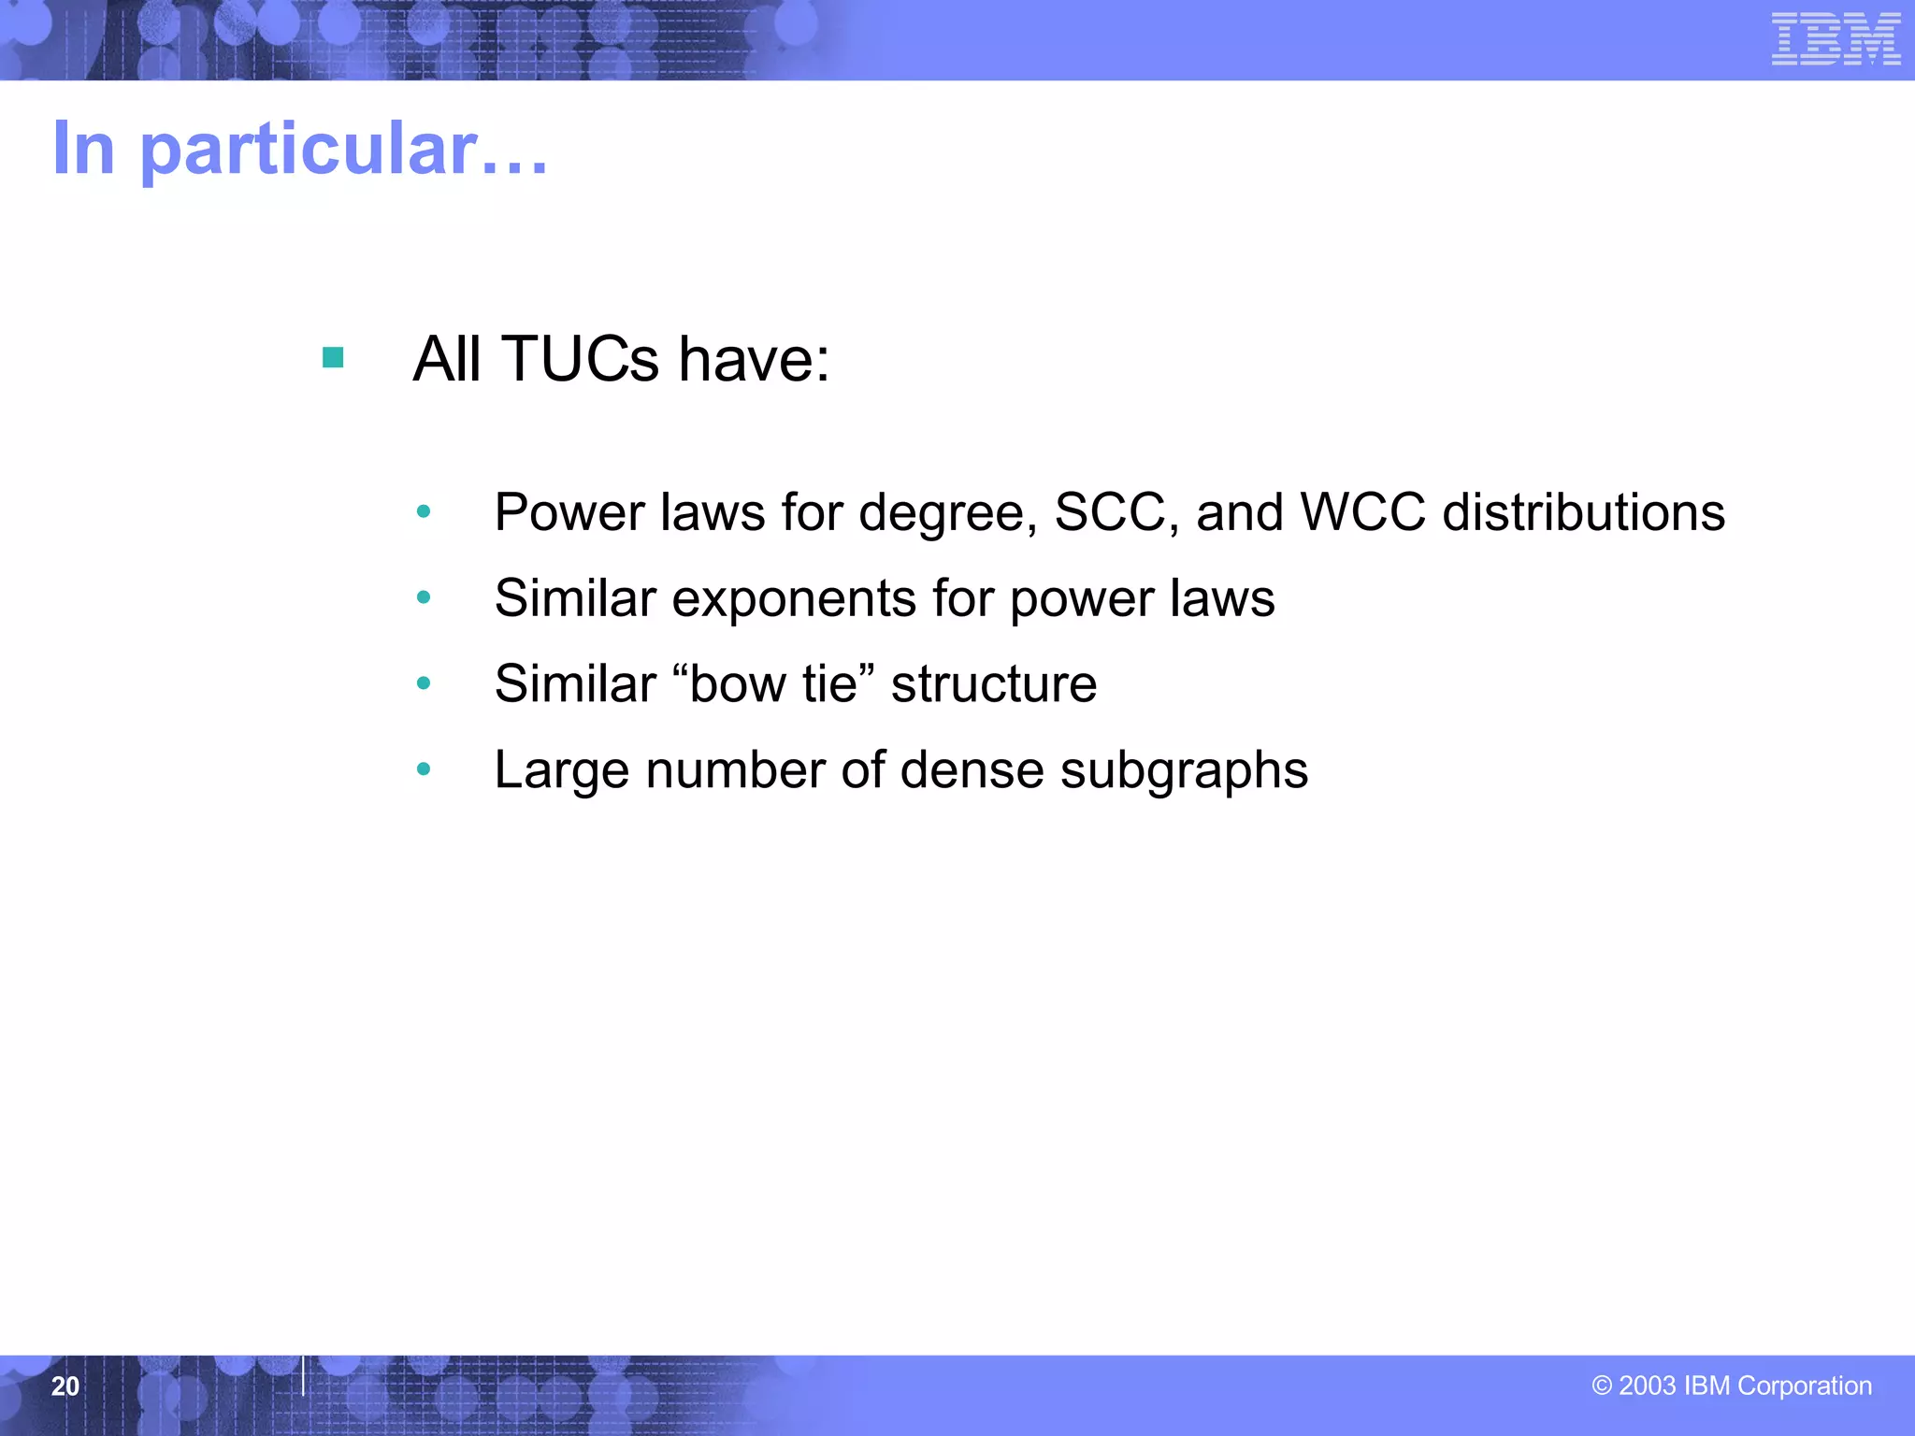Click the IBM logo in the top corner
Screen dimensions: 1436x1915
[1836, 39]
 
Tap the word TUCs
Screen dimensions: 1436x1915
[580, 359]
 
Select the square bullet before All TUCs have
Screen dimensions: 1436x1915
[333, 357]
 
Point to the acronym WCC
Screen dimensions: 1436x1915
[1363, 512]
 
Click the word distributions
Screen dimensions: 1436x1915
[1584, 512]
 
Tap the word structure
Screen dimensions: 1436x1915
[994, 684]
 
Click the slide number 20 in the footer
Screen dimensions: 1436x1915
[65, 1386]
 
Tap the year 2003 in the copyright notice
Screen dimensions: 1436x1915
[1647, 1386]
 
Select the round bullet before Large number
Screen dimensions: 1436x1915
[424, 769]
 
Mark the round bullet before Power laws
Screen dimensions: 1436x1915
[424, 511]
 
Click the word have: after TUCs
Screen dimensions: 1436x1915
[754, 359]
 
